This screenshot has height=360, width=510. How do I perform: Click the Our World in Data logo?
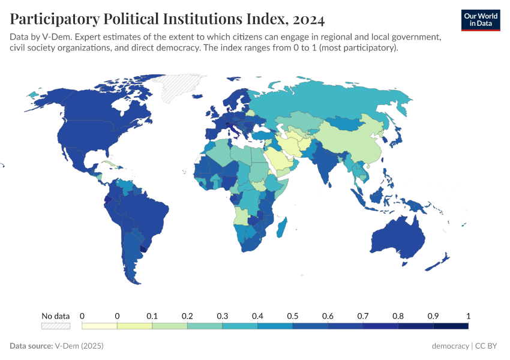click(x=480, y=20)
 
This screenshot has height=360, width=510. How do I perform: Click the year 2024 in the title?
click(x=309, y=20)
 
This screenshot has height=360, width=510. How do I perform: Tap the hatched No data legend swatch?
click(x=55, y=326)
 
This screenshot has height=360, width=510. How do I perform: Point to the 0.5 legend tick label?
click(x=293, y=316)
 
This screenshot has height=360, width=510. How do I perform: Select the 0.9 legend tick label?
click(x=433, y=316)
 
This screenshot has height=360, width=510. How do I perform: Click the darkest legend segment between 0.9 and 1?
click(x=451, y=326)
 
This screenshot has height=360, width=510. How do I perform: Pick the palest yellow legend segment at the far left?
click(x=99, y=326)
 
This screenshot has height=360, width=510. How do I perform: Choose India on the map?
click(x=328, y=165)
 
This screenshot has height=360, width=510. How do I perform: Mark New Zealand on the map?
click(x=443, y=259)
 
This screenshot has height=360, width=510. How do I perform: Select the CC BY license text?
click(x=488, y=346)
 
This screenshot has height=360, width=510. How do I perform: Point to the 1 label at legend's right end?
click(x=468, y=316)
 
